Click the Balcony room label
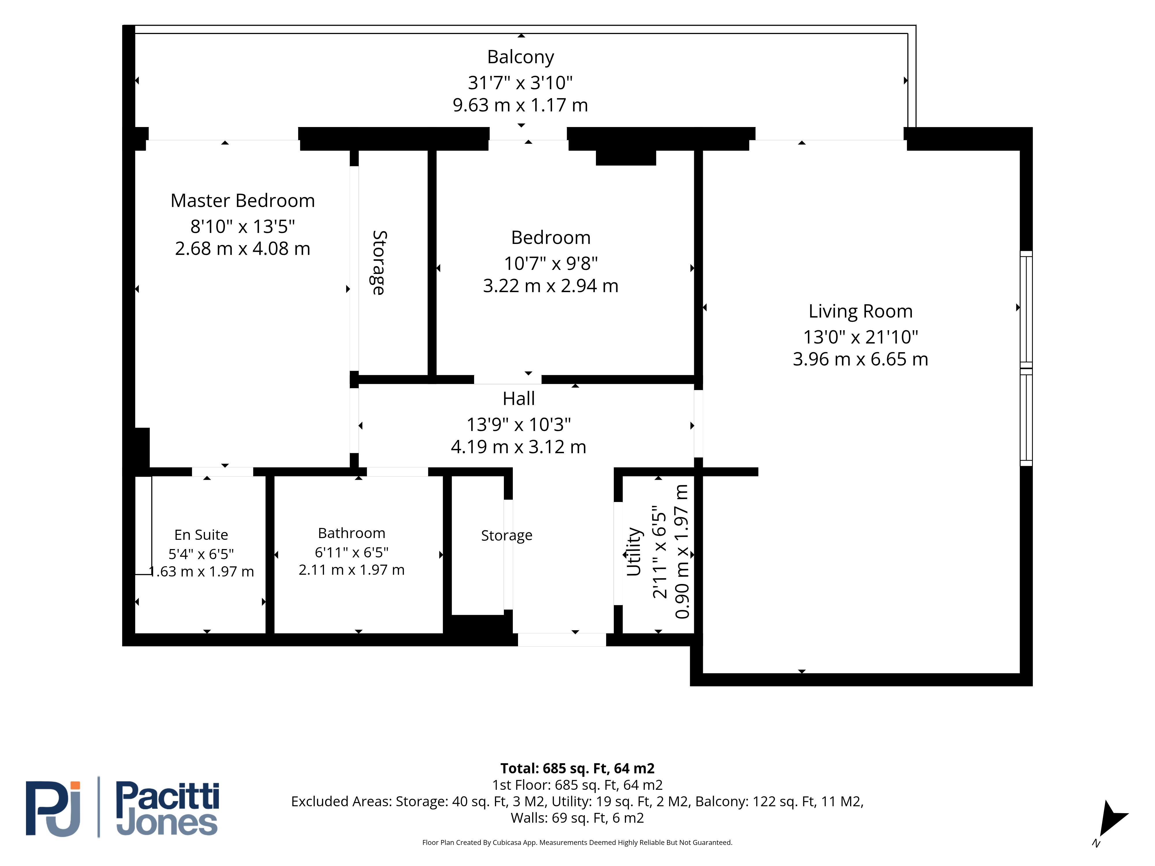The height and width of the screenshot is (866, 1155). click(521, 57)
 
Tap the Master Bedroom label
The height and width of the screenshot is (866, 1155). click(243, 200)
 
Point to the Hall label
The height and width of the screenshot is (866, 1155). click(519, 398)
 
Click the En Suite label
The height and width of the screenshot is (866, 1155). click(201, 535)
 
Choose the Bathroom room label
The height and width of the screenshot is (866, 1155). click(351, 533)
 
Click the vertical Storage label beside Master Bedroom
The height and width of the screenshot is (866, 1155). click(379, 263)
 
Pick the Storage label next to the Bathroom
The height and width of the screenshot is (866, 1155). click(506, 535)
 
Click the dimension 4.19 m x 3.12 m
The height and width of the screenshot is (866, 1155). click(519, 447)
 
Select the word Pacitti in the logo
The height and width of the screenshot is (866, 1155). click(167, 796)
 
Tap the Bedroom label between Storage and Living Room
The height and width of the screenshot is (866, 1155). click(551, 238)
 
